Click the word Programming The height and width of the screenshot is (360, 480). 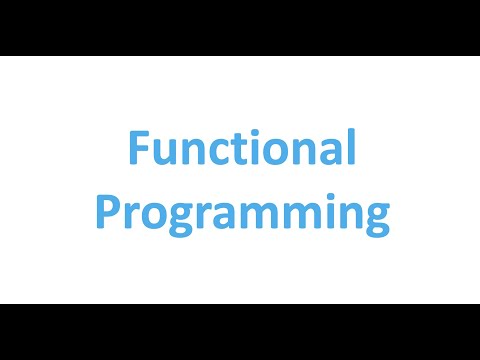(x=241, y=215)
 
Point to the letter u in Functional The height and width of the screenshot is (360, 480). (x=163, y=153)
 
